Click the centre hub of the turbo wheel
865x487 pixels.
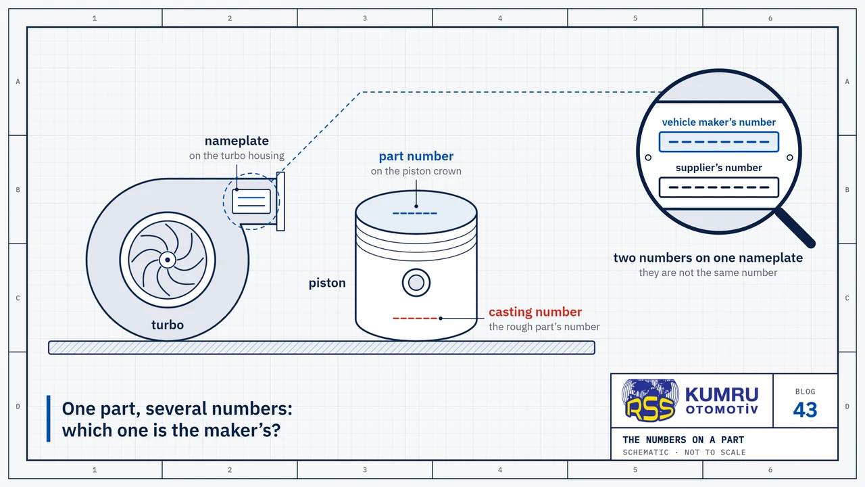click(167, 260)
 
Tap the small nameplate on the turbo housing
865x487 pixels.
click(251, 201)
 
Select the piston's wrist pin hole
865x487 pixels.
click(416, 283)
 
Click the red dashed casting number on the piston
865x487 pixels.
click(415, 318)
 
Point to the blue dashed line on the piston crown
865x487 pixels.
click(415, 213)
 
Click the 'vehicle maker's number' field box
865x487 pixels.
click(718, 142)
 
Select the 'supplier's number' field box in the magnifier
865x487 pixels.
click(718, 187)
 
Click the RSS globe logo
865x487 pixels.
click(651, 400)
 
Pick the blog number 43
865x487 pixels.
click(805, 410)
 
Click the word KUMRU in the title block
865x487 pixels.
click(722, 394)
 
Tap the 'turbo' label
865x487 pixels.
click(167, 325)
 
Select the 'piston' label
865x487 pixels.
click(327, 283)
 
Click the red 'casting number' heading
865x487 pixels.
click(535, 312)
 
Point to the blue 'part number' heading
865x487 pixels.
click(416, 156)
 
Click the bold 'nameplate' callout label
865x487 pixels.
click(237, 141)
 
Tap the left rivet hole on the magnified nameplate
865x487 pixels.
click(648, 158)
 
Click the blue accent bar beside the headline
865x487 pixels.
click(48, 418)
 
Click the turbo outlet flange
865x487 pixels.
click(280, 202)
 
